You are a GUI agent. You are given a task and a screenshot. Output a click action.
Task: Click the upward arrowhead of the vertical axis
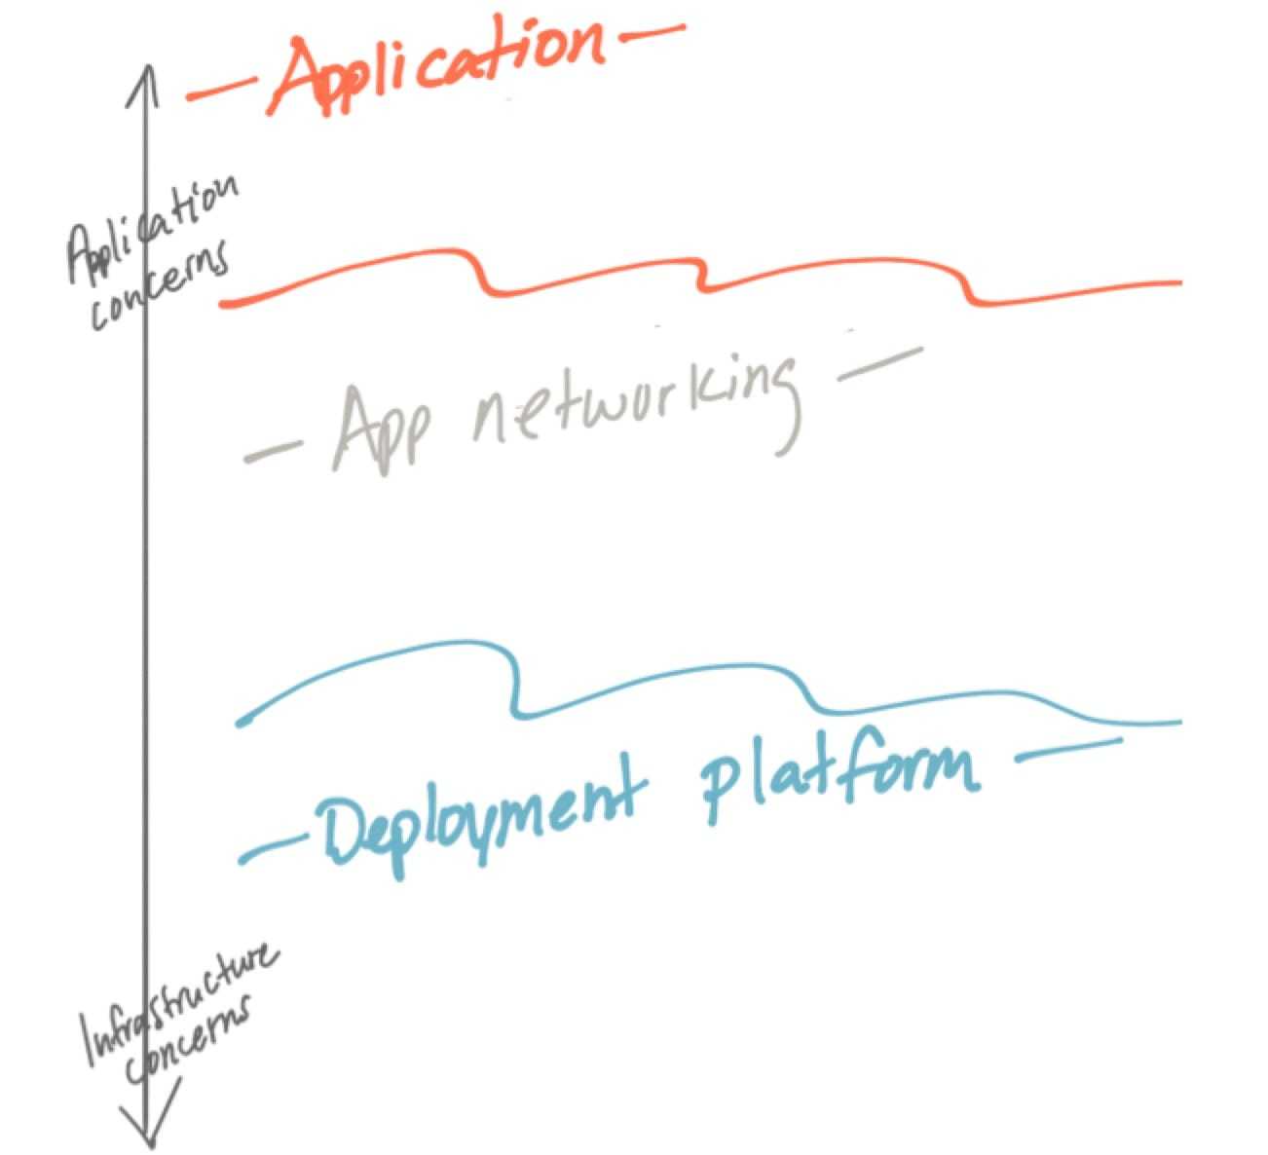pyautogui.click(x=148, y=78)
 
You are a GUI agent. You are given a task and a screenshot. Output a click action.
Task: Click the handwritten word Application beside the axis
pyautogui.click(x=151, y=229)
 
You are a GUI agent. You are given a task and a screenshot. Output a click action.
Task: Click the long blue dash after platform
pyautogui.click(x=1066, y=750)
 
